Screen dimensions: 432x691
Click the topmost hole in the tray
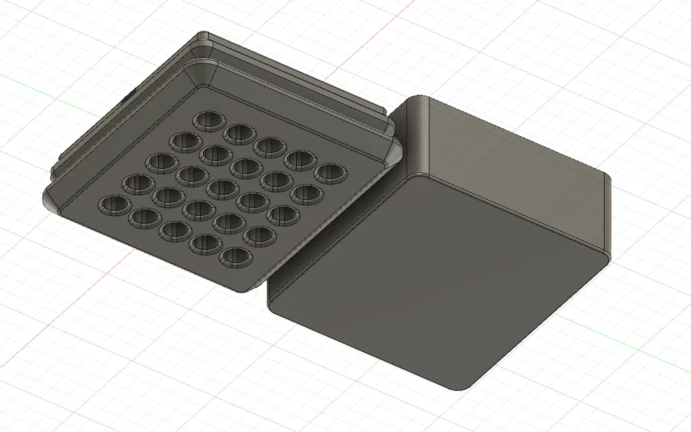tap(206, 121)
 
